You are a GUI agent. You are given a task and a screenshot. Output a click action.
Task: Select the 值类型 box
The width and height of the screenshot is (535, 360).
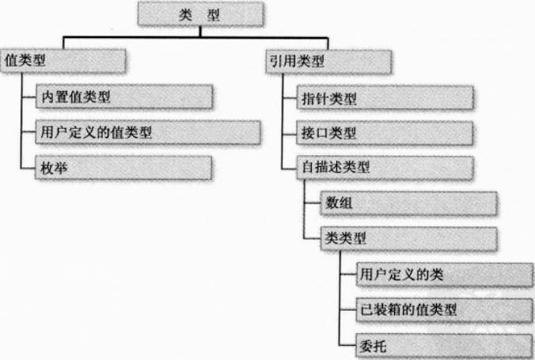coord(63,61)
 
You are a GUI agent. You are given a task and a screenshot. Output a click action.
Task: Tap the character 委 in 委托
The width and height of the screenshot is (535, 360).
coord(366,344)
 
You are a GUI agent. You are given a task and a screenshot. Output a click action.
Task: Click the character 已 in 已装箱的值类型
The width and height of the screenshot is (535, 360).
coord(366,309)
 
